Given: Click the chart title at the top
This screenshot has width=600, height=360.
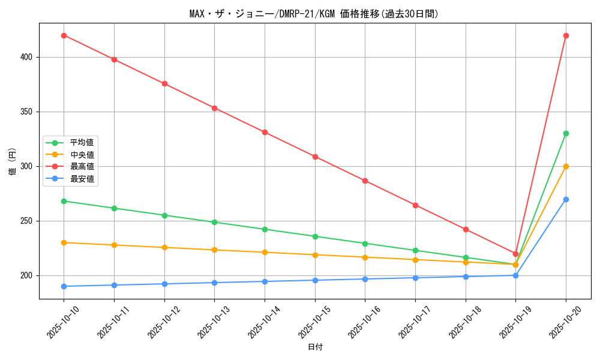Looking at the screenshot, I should (x=314, y=14).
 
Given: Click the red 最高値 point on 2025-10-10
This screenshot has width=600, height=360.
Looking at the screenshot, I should (x=64, y=35).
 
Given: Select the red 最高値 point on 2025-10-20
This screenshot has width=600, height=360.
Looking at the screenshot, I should (x=566, y=35).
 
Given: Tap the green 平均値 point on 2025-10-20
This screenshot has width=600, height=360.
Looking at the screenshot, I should (x=566, y=133).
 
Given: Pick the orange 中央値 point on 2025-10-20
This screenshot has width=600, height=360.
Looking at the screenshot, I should (x=566, y=166).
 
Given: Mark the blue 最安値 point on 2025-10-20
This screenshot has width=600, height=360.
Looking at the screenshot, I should (x=566, y=199).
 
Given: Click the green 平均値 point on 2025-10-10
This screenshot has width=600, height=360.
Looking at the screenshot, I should (x=64, y=201).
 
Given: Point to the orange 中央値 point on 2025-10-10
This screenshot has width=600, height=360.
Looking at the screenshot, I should (x=64, y=242).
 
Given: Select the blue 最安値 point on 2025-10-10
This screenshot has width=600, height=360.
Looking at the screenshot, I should (x=64, y=286).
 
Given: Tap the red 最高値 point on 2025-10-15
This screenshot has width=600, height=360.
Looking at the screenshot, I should (x=315, y=157).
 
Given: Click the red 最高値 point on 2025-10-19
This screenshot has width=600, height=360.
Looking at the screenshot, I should (x=515, y=254).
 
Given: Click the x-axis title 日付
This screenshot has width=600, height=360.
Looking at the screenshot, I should (x=315, y=347).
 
